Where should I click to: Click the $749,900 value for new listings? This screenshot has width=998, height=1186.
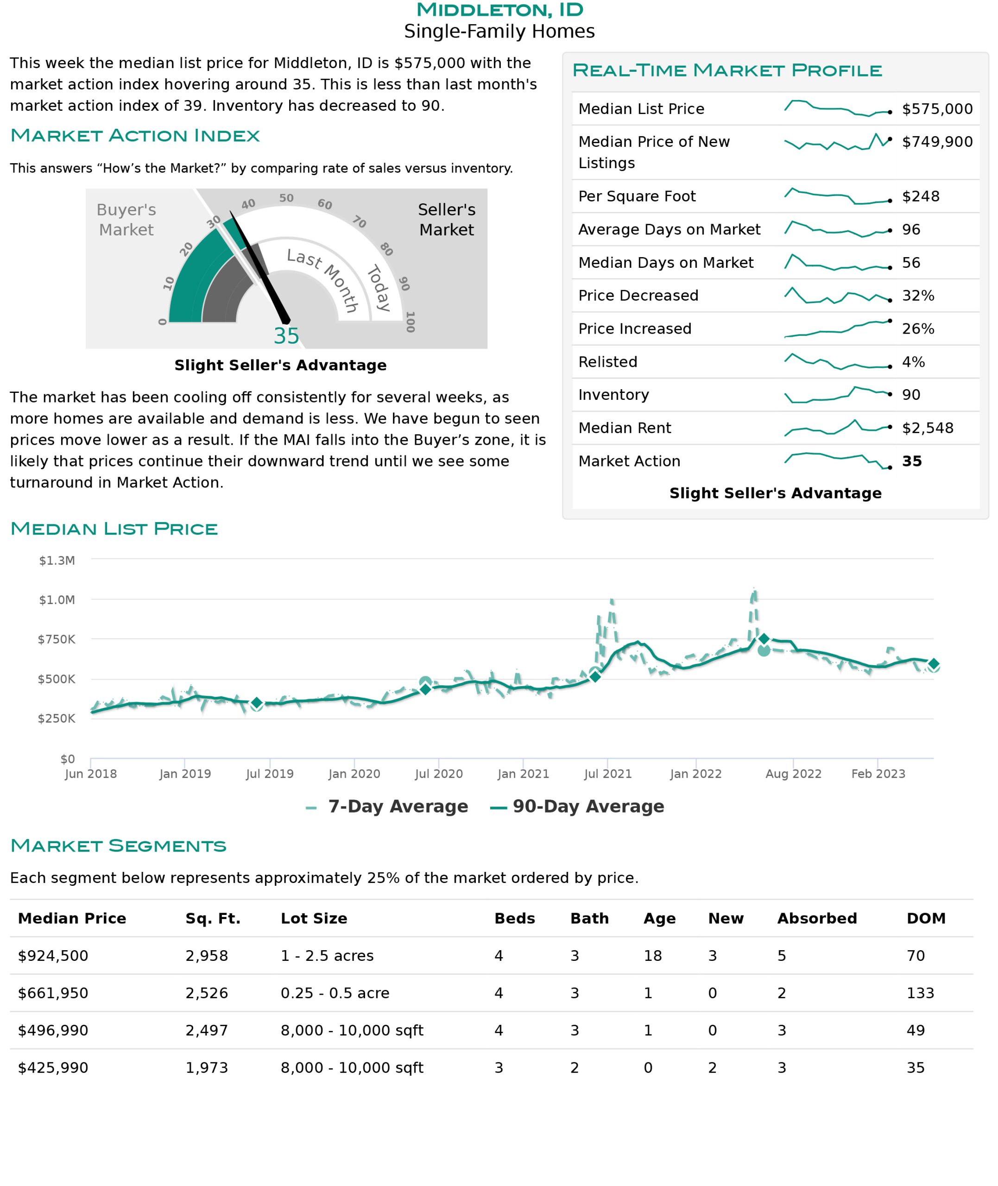click(937, 142)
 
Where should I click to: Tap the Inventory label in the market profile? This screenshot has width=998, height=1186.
click(613, 395)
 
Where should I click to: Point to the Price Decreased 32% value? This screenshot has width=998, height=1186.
click(918, 296)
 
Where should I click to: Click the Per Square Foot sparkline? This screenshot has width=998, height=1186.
click(838, 196)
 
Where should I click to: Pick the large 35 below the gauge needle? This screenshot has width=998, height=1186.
click(286, 336)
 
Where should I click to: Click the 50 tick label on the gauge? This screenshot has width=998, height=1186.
click(286, 198)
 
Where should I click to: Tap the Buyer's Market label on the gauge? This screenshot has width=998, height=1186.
click(126, 220)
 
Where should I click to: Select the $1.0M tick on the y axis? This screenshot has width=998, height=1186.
click(57, 600)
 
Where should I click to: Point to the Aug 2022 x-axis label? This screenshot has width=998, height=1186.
click(793, 774)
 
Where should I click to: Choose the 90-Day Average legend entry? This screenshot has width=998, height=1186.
click(577, 807)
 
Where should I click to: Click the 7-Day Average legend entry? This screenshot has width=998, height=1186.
click(387, 807)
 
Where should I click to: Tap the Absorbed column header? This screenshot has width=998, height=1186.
click(817, 919)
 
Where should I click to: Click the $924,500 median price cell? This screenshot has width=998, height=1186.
click(53, 956)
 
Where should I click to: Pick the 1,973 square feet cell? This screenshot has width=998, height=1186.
click(207, 1068)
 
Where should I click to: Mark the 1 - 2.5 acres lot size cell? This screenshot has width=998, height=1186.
click(327, 956)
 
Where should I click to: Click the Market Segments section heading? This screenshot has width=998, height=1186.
click(118, 845)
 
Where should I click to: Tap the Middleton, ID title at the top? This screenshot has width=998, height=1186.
click(499, 10)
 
